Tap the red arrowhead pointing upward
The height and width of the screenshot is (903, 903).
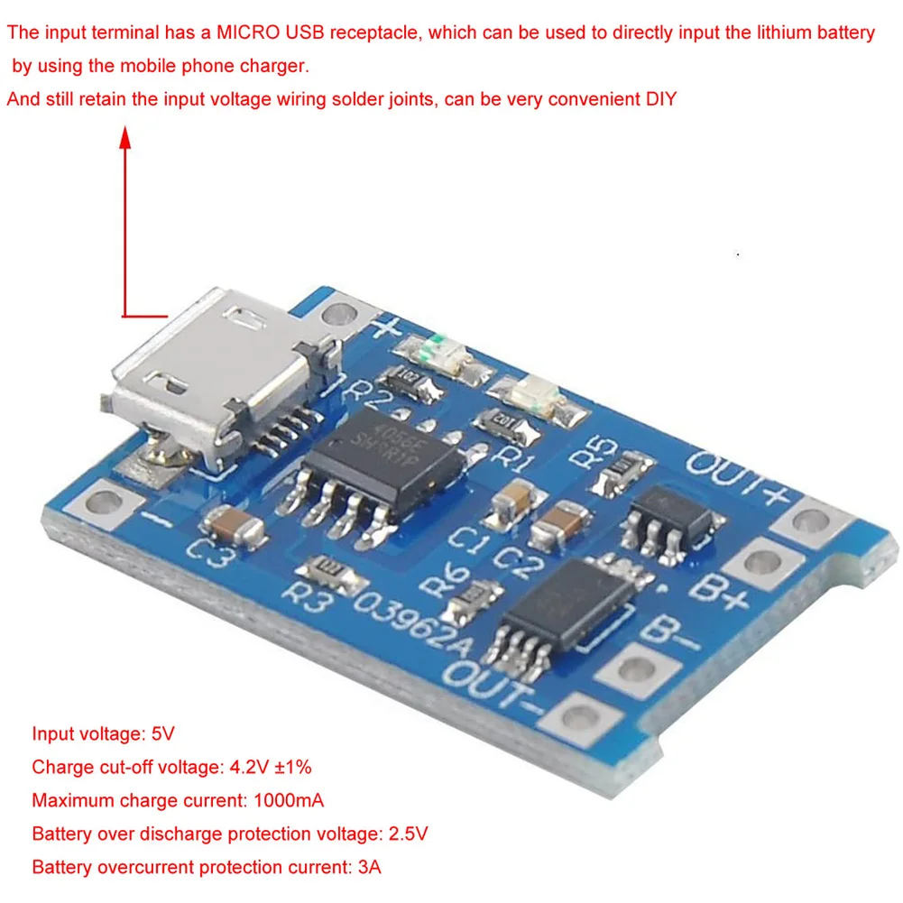126,138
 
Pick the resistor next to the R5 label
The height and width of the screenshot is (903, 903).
626,467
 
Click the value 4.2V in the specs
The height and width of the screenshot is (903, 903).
245,768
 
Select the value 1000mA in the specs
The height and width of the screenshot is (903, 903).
288,800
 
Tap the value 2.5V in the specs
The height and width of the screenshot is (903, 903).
408,834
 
